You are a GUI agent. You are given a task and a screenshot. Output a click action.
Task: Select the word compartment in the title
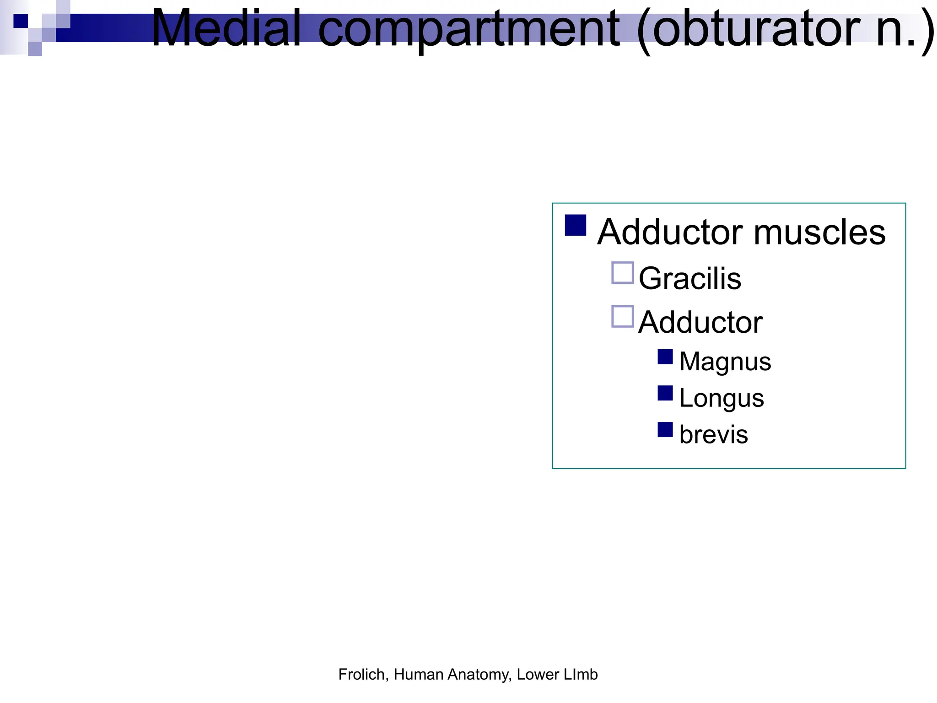(x=468, y=30)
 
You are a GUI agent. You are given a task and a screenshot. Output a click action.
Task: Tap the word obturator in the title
(x=755, y=29)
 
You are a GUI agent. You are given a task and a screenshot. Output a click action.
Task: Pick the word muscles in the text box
(x=819, y=232)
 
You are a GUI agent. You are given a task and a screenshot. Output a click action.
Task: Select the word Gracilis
(x=689, y=278)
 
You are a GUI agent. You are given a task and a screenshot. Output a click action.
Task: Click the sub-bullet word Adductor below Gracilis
(x=700, y=322)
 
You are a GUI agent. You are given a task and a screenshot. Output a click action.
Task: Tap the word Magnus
(x=725, y=362)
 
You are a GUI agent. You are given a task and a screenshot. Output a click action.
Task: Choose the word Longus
(x=722, y=398)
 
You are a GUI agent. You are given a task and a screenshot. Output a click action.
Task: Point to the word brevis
(x=714, y=434)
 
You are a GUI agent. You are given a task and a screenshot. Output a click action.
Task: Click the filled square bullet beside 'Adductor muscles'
(x=576, y=225)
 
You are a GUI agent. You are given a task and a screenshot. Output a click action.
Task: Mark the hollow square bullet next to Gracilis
(x=623, y=273)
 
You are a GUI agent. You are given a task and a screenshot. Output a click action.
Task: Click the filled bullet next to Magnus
(x=665, y=357)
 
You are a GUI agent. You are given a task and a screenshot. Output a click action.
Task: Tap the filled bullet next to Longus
(x=665, y=393)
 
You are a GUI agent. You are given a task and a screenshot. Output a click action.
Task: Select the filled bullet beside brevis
(x=665, y=430)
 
